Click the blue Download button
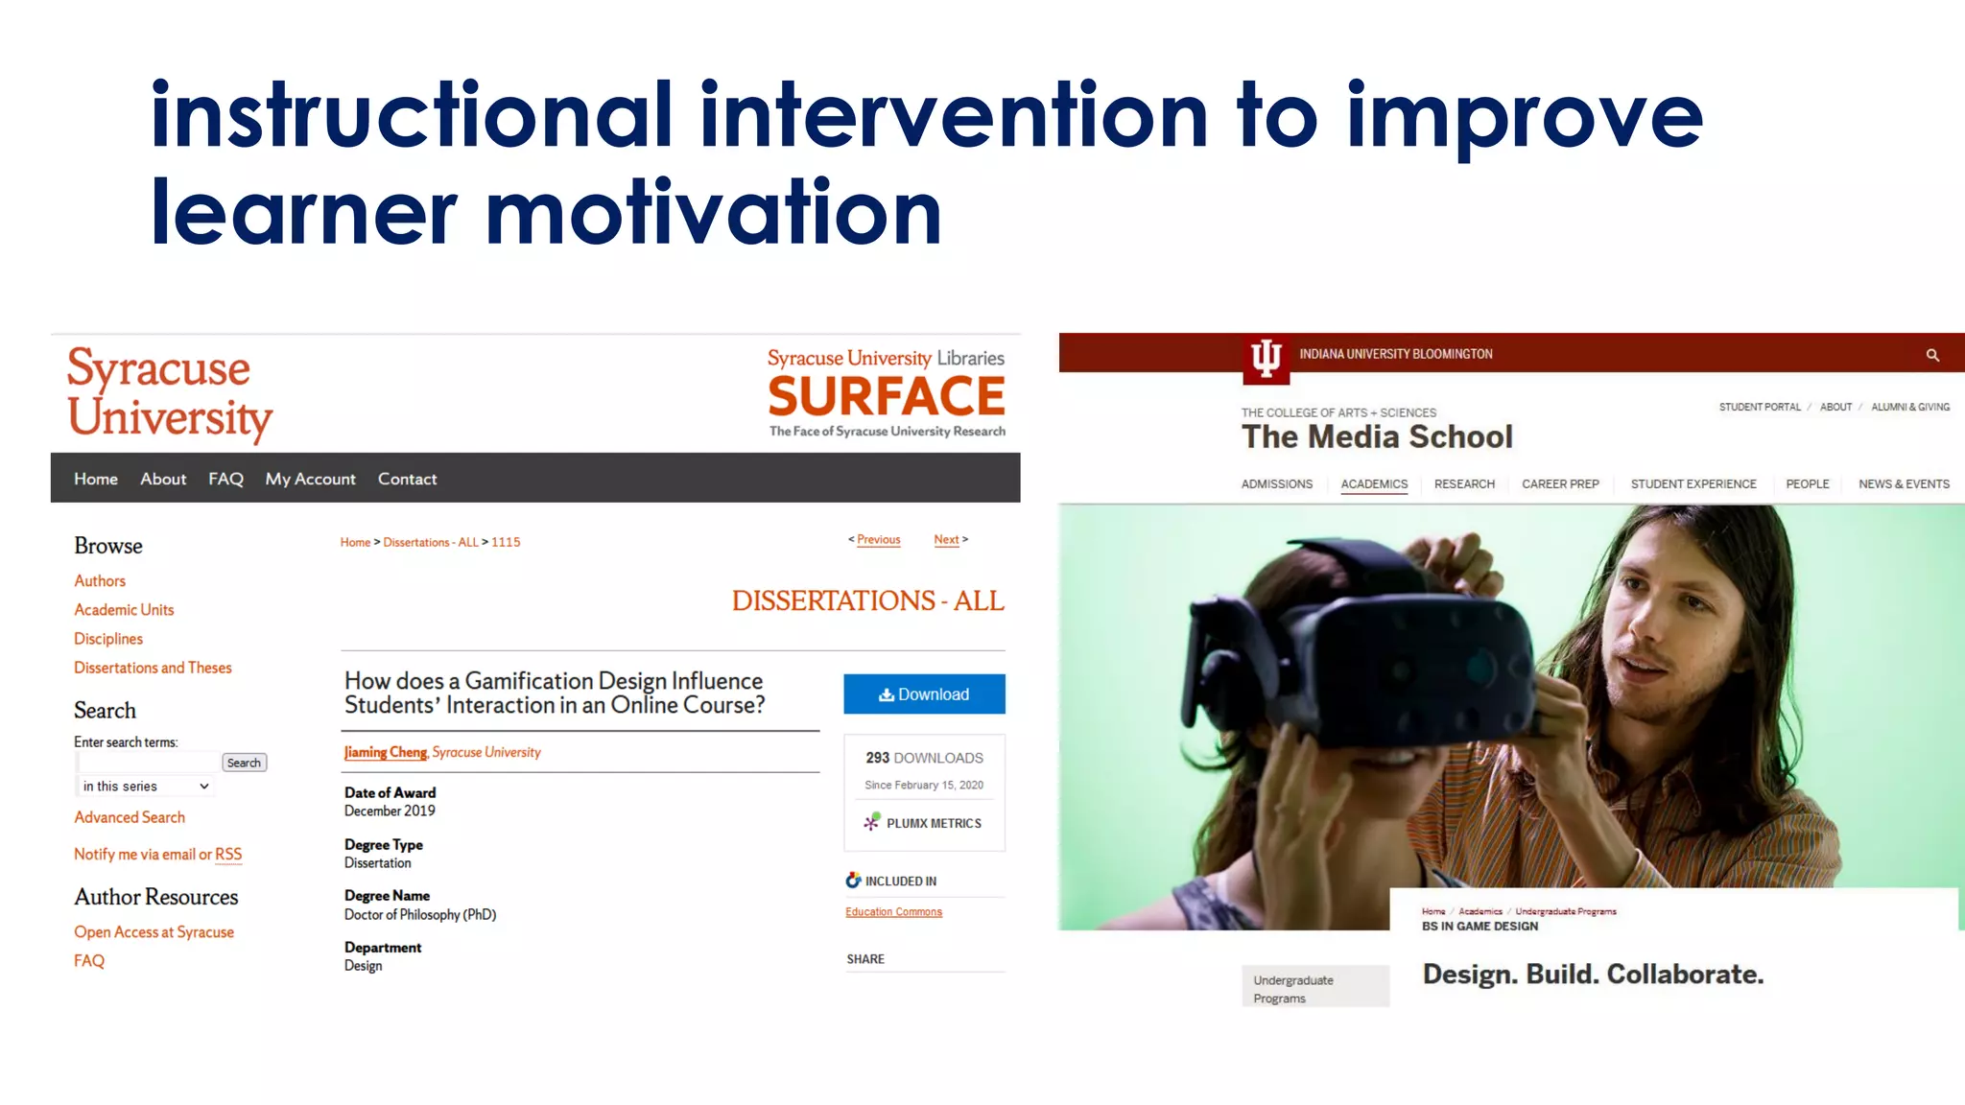pos(924,694)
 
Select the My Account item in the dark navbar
pos(310,479)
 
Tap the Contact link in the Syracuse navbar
pos(407,479)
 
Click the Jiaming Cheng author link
pos(386,752)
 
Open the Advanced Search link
pos(130,817)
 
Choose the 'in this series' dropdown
pos(145,787)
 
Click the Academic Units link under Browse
pos(124,610)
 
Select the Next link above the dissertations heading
pos(947,540)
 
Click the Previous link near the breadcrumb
pos(878,540)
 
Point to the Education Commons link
pos(893,912)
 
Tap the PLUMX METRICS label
pos(933,823)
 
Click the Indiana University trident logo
pos(1266,358)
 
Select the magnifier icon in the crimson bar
pos(1932,355)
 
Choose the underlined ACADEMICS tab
pos(1374,484)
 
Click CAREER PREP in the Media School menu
pos(1560,484)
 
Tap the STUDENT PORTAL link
pos(1760,407)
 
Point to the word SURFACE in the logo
pos(887,396)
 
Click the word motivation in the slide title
pos(714,213)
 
